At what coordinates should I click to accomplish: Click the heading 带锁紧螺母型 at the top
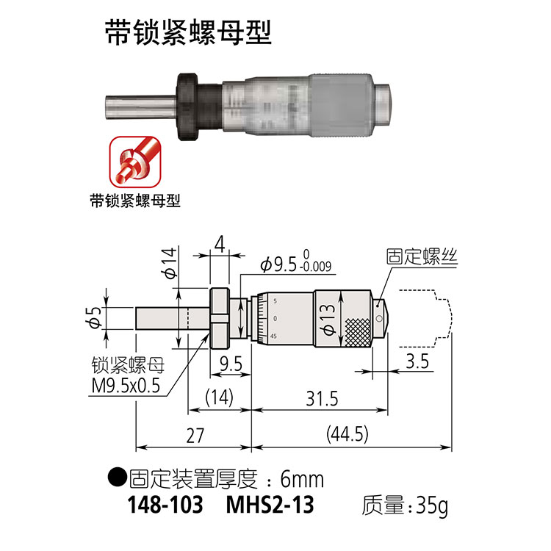[187, 33]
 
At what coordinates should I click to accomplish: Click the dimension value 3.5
[417, 360]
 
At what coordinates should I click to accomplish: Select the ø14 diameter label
[168, 264]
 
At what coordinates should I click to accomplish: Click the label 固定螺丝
[421, 256]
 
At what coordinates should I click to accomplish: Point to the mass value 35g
[428, 506]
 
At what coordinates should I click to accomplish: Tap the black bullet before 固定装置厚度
[116, 478]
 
